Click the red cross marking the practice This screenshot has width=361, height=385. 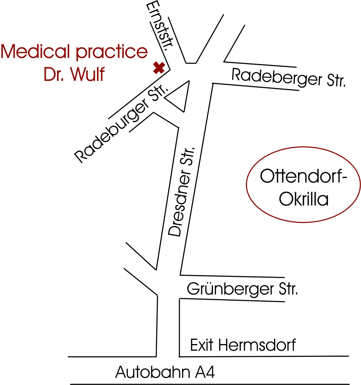pyautogui.click(x=159, y=68)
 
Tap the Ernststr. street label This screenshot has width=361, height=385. pyautogui.click(x=160, y=27)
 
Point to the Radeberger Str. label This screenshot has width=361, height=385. pyautogui.click(x=288, y=78)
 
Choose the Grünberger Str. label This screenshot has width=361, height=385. pyautogui.click(x=242, y=289)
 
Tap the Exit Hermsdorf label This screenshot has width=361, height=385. pyautogui.click(x=243, y=345)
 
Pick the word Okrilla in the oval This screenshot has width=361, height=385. pyautogui.click(x=303, y=199)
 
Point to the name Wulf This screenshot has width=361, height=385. pyautogui.click(x=87, y=74)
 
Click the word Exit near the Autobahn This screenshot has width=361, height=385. pyautogui.click(x=202, y=345)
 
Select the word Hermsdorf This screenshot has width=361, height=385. pyautogui.click(x=257, y=345)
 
